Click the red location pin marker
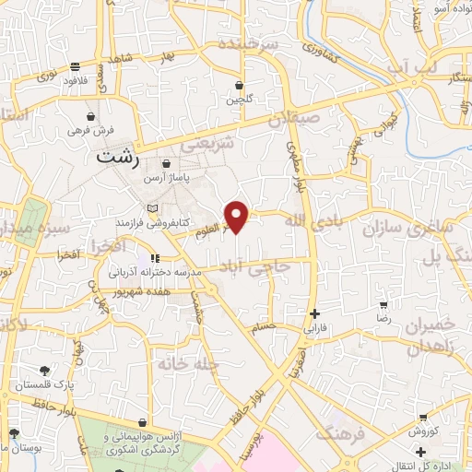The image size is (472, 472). (238, 216)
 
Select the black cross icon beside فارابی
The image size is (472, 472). (315, 313)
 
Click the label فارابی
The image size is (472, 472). (315, 326)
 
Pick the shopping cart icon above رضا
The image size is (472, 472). (383, 304)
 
